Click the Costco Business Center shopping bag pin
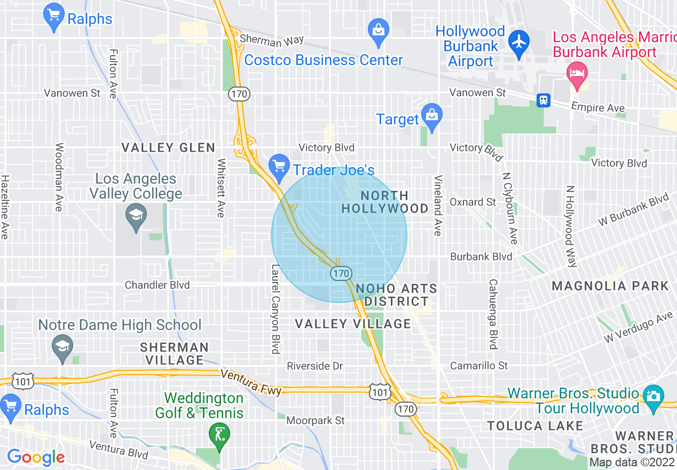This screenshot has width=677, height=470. (x=379, y=30)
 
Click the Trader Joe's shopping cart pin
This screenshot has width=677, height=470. (x=279, y=166)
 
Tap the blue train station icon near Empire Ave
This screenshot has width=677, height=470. (x=544, y=100)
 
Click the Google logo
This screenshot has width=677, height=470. (x=36, y=457)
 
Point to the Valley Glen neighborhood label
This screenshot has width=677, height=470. (x=168, y=148)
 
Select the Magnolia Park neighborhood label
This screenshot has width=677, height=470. (x=610, y=286)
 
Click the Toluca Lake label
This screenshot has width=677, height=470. (x=536, y=426)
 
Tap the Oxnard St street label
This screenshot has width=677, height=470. (x=473, y=202)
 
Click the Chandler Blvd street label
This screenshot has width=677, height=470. (x=157, y=285)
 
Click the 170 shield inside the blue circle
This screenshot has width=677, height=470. (x=341, y=273)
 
